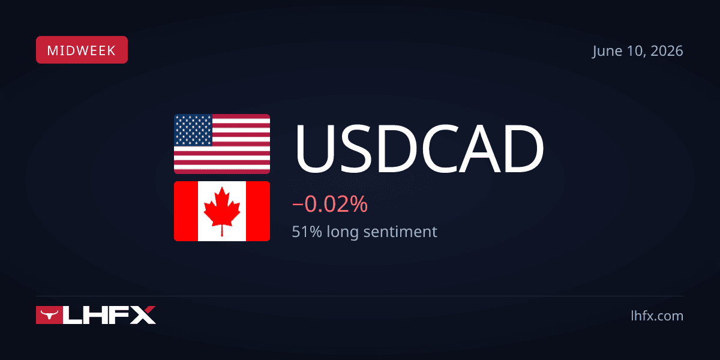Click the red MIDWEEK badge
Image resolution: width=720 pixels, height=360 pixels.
point(82,50)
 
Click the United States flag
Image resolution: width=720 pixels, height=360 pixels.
point(222,144)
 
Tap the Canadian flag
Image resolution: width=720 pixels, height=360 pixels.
point(222,211)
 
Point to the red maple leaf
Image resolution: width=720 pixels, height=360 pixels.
point(222,211)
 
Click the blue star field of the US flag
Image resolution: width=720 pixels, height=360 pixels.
point(193,130)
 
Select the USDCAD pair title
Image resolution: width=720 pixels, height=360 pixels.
point(419,148)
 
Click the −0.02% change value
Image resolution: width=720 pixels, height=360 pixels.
point(330,204)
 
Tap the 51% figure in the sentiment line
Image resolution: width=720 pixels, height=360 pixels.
point(307,232)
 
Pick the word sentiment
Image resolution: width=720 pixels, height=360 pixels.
point(400,232)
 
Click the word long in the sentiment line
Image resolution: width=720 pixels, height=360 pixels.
point(343,232)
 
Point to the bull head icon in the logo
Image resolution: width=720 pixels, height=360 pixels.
point(49,314)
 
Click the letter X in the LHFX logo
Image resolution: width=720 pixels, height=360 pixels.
point(141,315)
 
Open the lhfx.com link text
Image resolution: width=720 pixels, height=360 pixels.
point(657,316)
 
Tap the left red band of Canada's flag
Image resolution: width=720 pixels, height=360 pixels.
point(186,211)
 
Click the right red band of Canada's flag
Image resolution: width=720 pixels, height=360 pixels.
point(258,211)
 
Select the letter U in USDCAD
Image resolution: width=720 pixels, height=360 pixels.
point(314,149)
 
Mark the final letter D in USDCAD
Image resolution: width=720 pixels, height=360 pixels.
point(524,148)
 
